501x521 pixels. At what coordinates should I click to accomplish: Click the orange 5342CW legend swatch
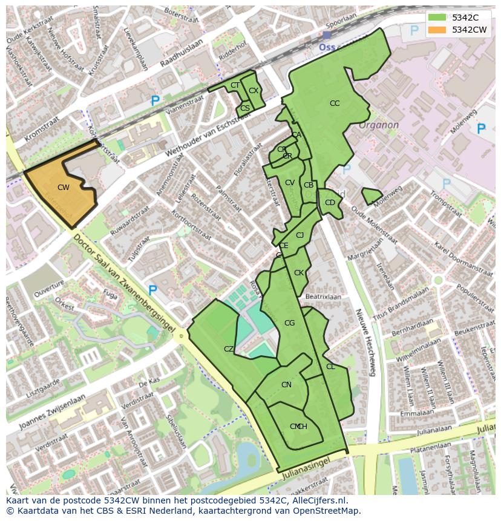[438, 30]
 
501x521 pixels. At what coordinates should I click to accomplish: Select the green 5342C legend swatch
[438, 18]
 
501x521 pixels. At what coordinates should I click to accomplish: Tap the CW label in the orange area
[64, 188]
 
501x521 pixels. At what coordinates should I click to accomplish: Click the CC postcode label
[335, 103]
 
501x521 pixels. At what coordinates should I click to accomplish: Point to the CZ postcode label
[229, 349]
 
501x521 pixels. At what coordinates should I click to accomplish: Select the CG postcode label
[289, 323]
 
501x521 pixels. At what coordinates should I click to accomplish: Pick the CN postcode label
[286, 385]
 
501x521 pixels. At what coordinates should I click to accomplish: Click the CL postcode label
[330, 367]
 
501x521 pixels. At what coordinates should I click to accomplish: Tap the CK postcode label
[298, 274]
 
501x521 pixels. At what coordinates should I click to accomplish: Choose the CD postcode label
[330, 203]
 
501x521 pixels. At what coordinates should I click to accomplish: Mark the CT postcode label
[235, 86]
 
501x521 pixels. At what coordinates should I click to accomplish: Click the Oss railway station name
[327, 47]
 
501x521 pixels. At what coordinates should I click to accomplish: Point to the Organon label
[379, 125]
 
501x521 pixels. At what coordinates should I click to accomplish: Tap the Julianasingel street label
[307, 474]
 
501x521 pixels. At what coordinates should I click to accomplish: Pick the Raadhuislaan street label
[182, 59]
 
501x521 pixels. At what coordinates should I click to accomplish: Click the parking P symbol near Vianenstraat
[156, 102]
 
